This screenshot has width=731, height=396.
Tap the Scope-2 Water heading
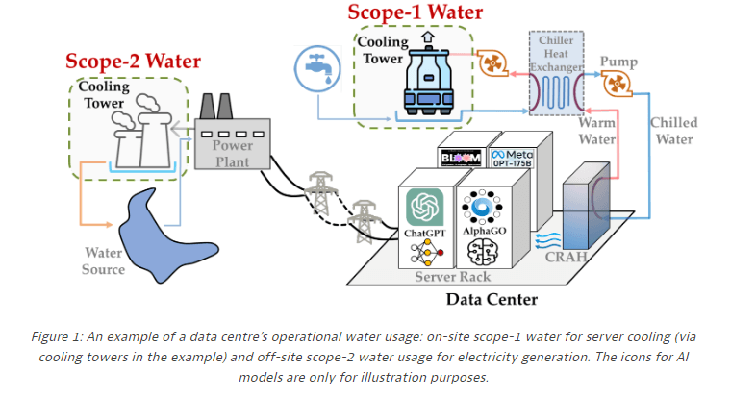pos(133,62)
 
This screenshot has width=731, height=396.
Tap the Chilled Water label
pos(673,131)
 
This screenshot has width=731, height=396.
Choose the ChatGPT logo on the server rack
pos(424,206)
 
